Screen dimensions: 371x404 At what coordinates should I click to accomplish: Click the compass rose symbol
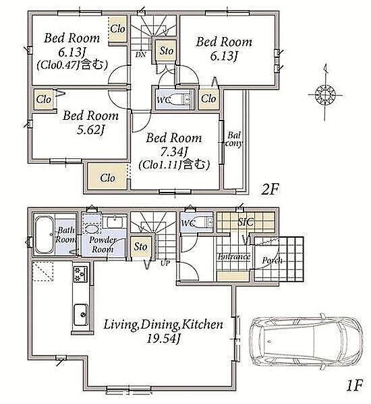click(325, 94)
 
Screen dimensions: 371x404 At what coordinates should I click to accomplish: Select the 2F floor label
click(270, 190)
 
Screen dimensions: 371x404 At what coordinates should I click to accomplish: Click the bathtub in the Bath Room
click(44, 235)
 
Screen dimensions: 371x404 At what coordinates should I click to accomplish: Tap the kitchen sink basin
click(81, 314)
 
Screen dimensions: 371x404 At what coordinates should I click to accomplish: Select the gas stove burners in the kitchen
click(80, 274)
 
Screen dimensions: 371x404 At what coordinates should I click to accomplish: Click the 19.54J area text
click(163, 338)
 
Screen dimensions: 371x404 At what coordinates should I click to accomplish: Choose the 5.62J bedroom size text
click(90, 129)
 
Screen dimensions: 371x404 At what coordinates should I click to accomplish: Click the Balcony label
click(234, 139)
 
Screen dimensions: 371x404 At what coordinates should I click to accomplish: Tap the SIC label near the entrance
click(246, 222)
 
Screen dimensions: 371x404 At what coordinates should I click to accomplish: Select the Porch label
click(272, 261)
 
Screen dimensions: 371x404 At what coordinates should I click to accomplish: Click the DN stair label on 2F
click(141, 55)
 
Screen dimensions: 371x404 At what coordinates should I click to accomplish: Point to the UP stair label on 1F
click(165, 263)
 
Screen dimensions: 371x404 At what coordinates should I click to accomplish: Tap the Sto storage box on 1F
click(140, 246)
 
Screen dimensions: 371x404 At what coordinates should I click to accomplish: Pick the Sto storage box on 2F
click(166, 50)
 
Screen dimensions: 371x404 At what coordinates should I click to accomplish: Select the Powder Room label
click(103, 244)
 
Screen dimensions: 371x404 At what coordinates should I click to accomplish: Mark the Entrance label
click(234, 257)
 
